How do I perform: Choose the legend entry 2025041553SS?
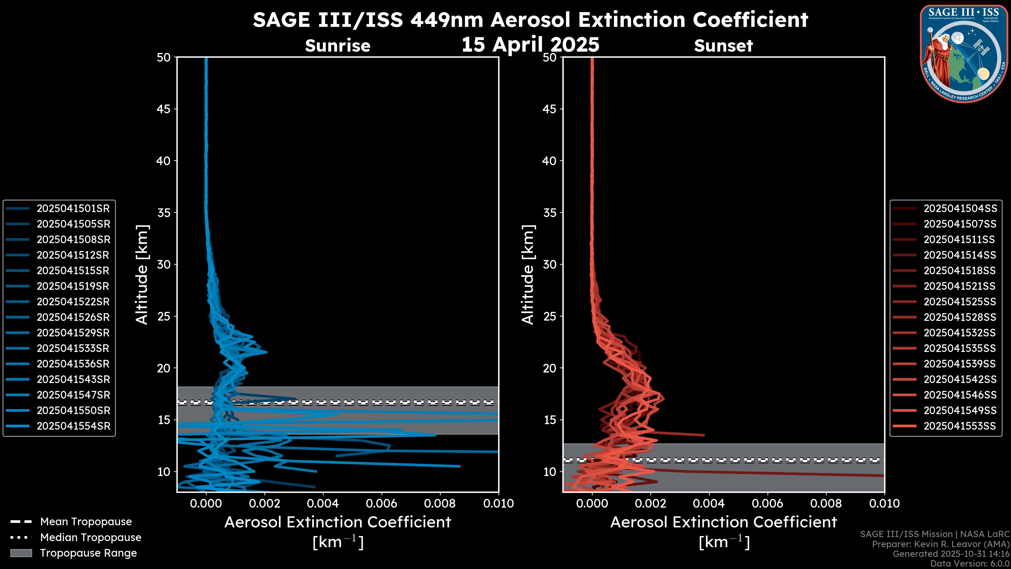pyautogui.click(x=960, y=426)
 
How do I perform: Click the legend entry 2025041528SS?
pyautogui.click(x=960, y=317)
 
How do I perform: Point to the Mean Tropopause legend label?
pyautogui.click(x=86, y=522)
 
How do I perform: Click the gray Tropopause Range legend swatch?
pyautogui.click(x=21, y=553)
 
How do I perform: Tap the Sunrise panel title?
pyautogui.click(x=338, y=46)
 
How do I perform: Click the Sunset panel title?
pyautogui.click(x=723, y=46)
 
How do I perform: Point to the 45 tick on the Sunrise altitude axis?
pyautogui.click(x=164, y=109)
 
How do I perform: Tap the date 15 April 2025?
pyautogui.click(x=530, y=44)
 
